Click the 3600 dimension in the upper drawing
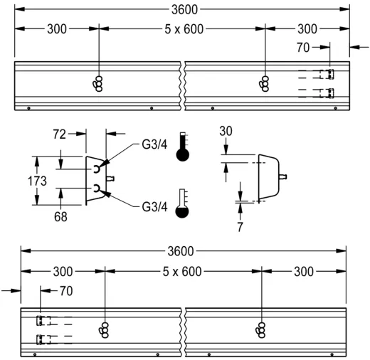coord(183,9)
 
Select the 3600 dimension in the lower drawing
coord(183,251)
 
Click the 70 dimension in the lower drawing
coord(65,290)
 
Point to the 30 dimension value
coord(226,132)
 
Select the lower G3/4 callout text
coord(154,207)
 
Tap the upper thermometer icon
coord(184,148)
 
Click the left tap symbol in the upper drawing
coord(98,83)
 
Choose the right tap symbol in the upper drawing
coord(265,83)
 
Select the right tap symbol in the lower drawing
coord(262,328)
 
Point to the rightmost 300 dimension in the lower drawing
coord(305,271)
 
